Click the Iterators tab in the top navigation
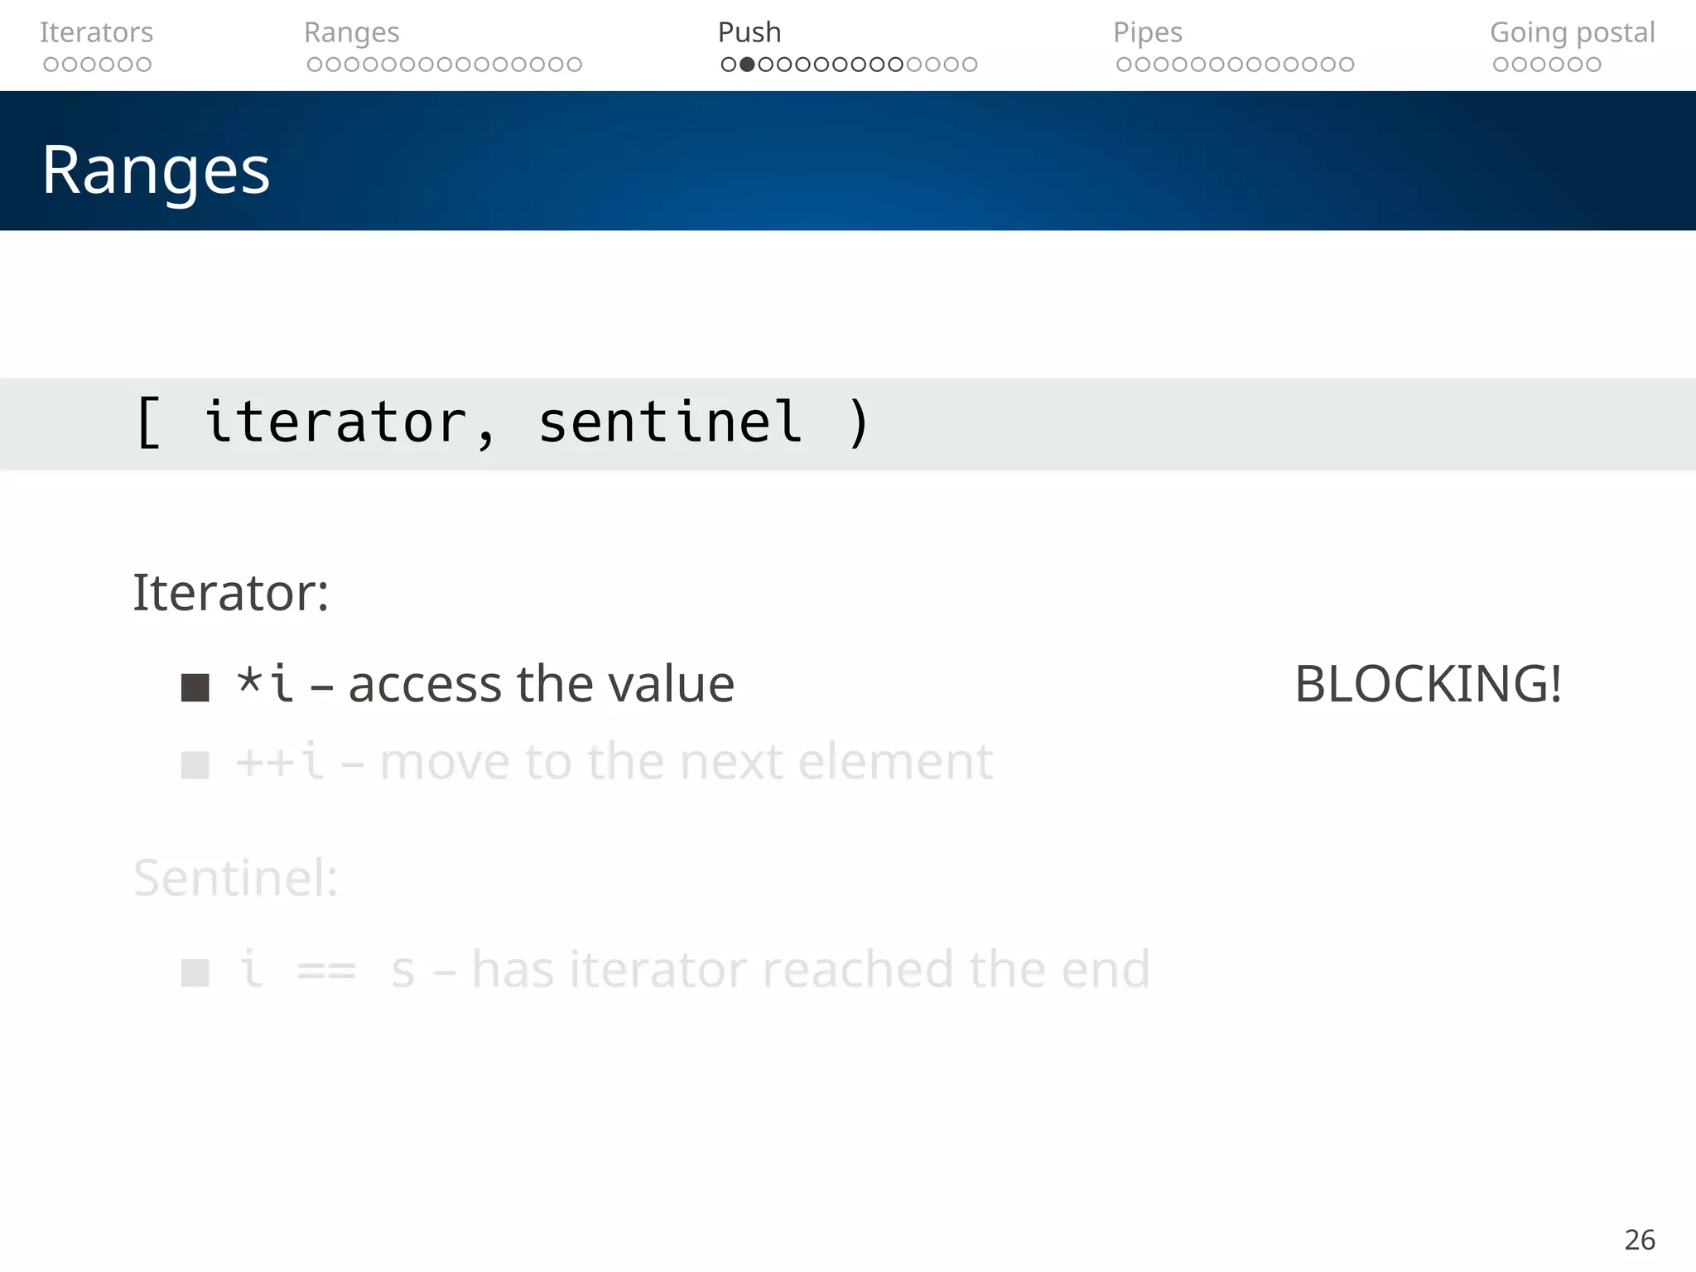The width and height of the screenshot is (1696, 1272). point(96,32)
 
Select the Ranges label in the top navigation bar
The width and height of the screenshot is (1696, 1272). point(351,32)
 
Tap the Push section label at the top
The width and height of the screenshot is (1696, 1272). point(749,32)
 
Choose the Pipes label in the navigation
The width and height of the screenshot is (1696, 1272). point(1147,32)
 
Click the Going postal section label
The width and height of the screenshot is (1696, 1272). point(1572,32)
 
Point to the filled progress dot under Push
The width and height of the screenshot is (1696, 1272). point(747,65)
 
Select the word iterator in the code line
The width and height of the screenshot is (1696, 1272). point(335,422)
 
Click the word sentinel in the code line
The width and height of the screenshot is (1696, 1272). point(670,422)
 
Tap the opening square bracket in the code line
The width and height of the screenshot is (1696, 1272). point(148,422)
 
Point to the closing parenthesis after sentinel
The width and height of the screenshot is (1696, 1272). point(859,422)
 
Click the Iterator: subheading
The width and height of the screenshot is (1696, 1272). point(230,593)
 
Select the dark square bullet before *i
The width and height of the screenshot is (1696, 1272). point(195,687)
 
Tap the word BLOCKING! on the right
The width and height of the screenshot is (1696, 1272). point(1428,684)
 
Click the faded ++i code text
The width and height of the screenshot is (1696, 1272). point(279,762)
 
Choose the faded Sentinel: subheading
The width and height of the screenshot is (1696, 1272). point(236,878)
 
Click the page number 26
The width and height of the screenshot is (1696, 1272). point(1639,1240)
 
